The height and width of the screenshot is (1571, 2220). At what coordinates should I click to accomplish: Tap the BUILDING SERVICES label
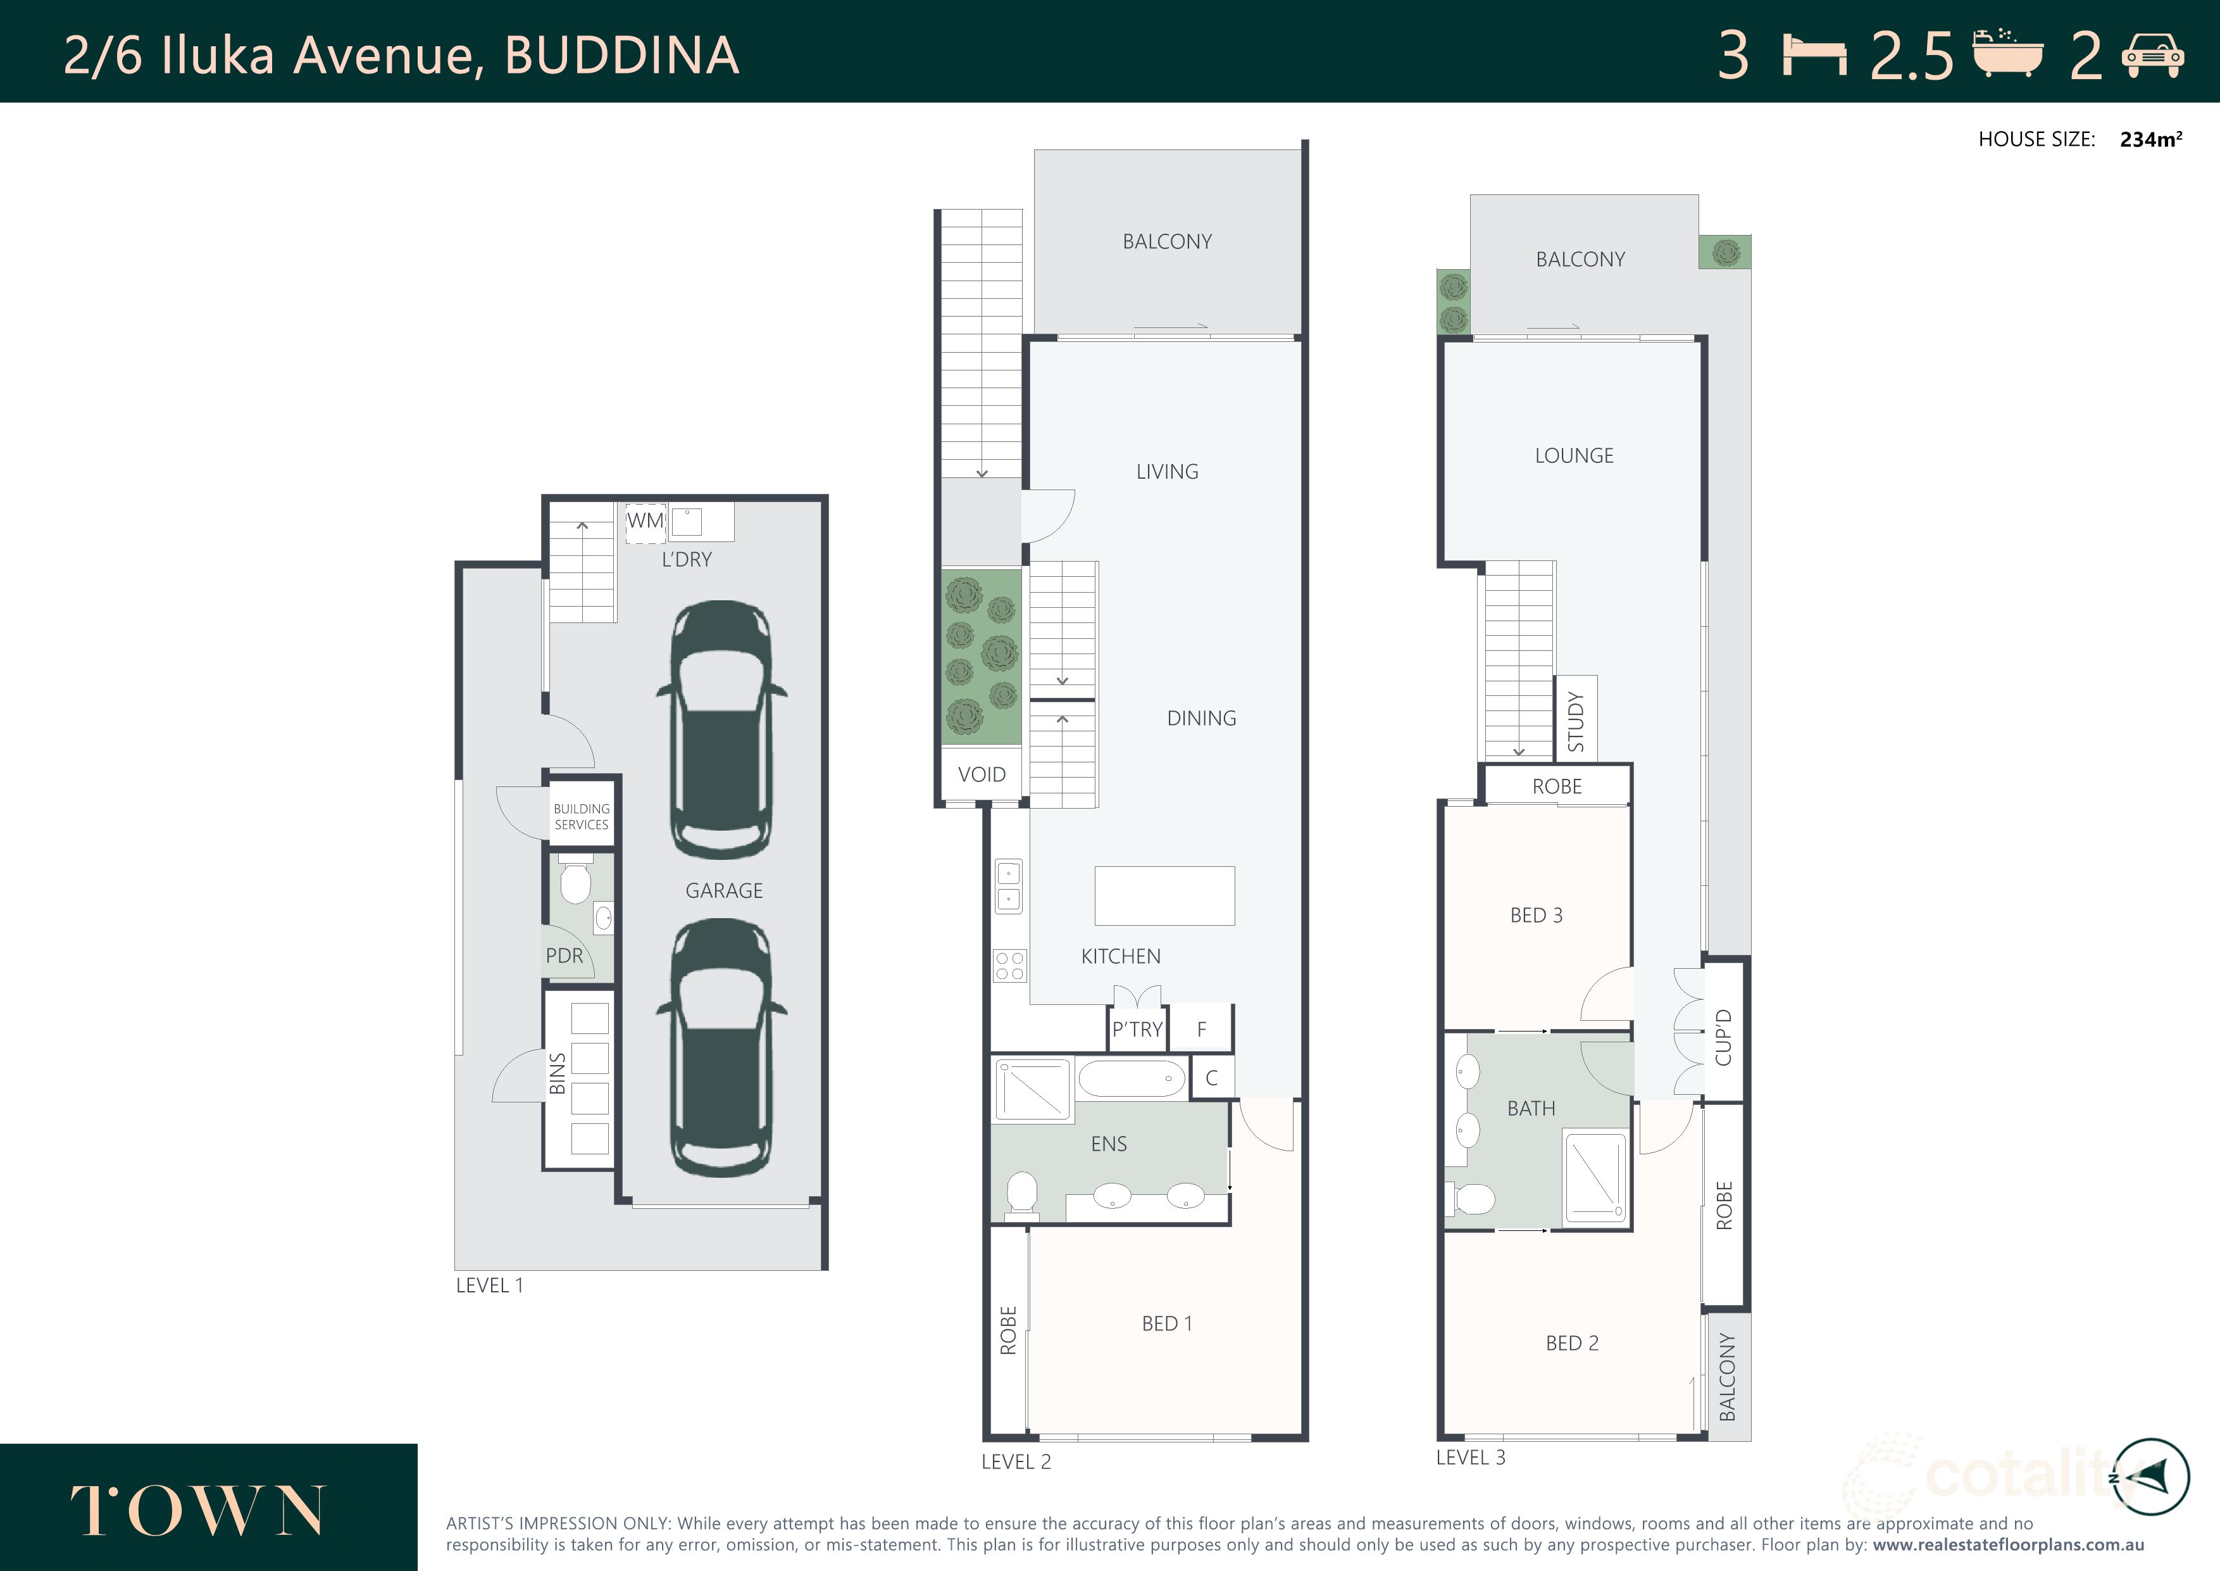[581, 816]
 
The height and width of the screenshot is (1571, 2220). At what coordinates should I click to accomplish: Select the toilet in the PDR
[575, 881]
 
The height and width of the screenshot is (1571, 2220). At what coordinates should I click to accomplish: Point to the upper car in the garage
[721, 730]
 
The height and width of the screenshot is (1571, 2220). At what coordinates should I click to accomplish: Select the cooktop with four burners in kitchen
[1009, 966]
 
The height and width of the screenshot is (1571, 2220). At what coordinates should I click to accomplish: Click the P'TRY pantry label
[1137, 1029]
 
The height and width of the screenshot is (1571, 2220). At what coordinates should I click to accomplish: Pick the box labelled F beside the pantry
[1202, 1029]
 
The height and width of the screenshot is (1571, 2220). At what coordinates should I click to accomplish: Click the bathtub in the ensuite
[1132, 1078]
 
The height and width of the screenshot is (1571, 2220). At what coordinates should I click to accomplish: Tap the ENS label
[1108, 1144]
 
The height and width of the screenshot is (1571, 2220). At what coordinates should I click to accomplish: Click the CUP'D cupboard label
[1724, 1037]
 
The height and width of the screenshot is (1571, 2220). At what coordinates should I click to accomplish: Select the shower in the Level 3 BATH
[1595, 1178]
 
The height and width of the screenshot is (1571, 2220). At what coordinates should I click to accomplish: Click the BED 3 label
[1535, 915]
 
